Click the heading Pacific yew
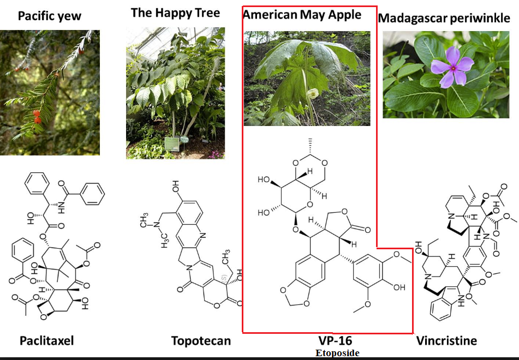pos(50,16)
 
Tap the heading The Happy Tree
pos(175,13)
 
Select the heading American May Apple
pos(302,15)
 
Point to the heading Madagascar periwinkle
pos(444,18)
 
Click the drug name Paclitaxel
pos(47,340)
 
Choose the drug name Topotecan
pos(201,340)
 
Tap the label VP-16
pos(335,340)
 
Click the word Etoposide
pos(337,353)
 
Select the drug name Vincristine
pos(446,340)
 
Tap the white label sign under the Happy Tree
pos(172,144)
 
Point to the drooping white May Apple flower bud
pos(312,94)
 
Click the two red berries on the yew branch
pos(37,117)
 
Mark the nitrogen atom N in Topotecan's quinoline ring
pos(203,236)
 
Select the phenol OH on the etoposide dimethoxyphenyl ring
pos(399,287)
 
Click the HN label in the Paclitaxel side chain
pos(62,207)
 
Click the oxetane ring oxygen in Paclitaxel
pos(43,317)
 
